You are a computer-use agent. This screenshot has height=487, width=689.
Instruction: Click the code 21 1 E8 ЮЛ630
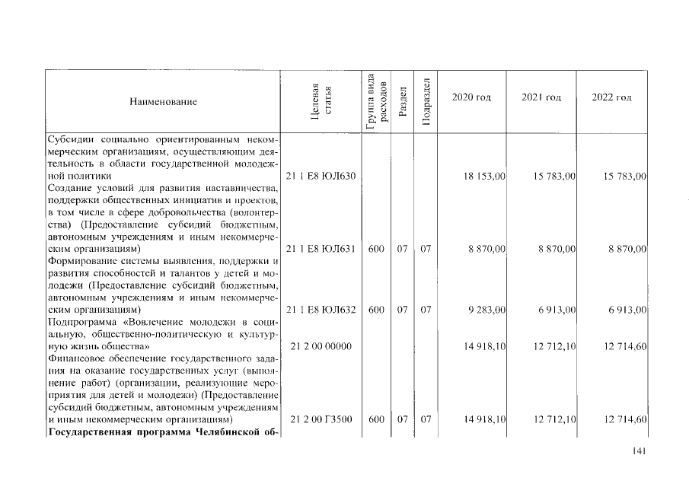click(321, 176)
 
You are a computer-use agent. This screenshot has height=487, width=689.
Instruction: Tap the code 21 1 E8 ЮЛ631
click(321, 249)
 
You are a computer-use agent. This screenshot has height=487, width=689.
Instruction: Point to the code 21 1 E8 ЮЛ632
click(321, 310)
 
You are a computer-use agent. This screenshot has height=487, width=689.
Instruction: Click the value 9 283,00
click(488, 310)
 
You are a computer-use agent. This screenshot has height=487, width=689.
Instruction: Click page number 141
click(639, 452)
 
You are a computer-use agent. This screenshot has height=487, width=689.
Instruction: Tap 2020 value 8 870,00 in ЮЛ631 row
click(488, 249)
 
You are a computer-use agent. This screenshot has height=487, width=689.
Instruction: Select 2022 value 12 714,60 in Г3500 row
click(624, 419)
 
